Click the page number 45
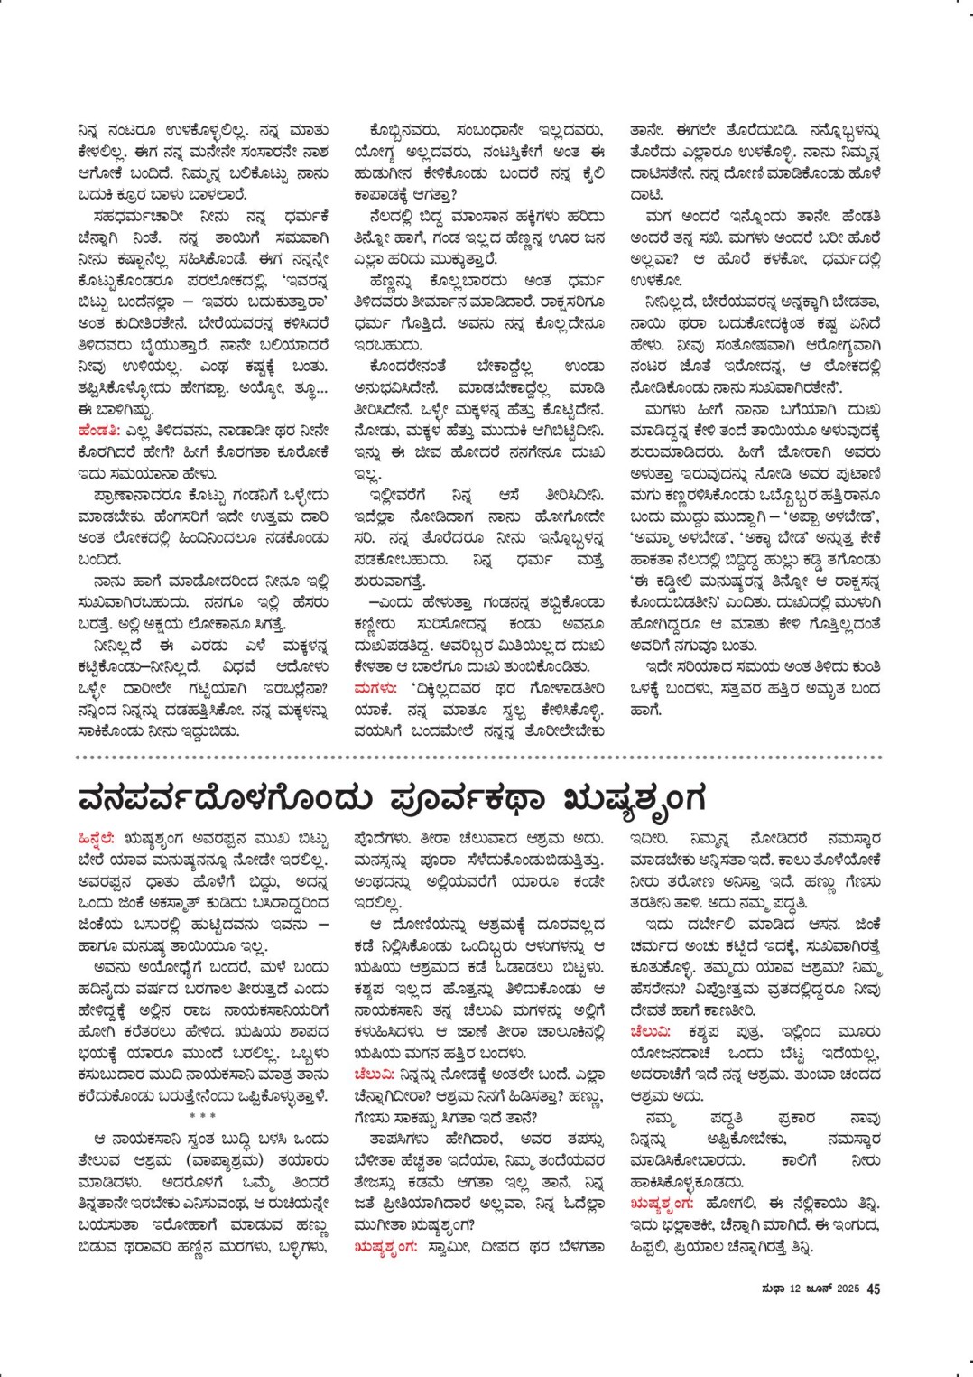click(x=874, y=1289)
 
